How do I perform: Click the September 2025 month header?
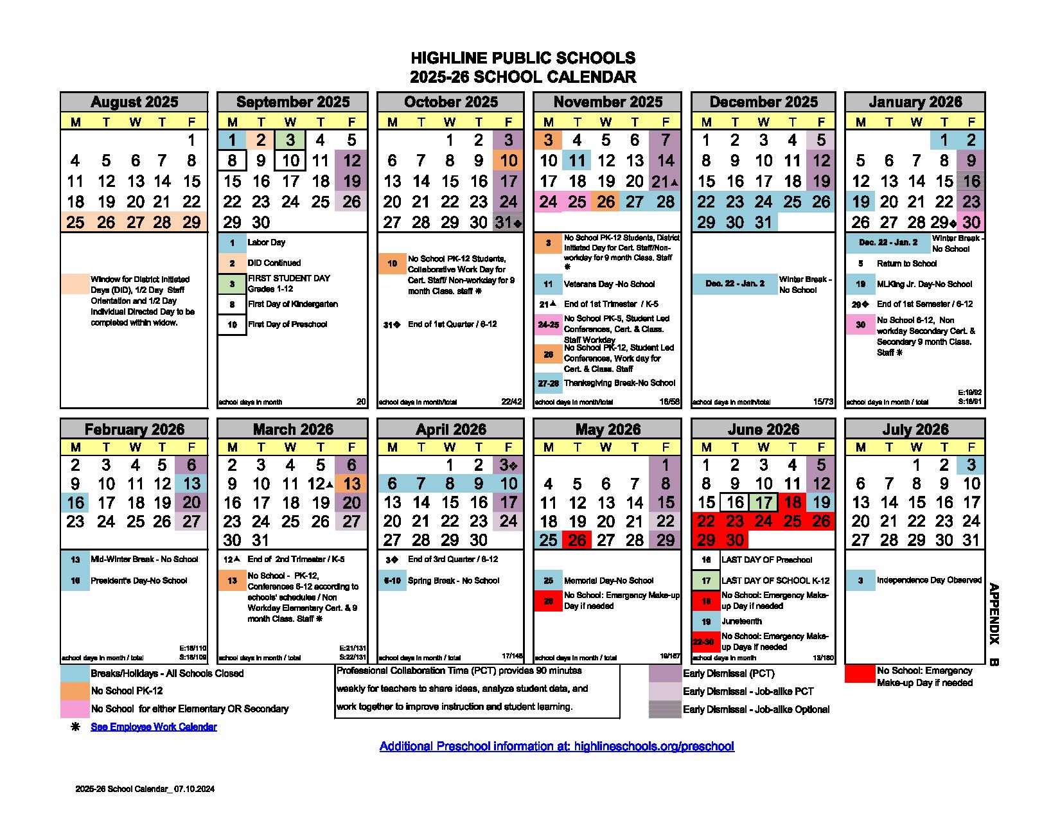pyautogui.click(x=292, y=102)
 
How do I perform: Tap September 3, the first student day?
pyautogui.click(x=290, y=141)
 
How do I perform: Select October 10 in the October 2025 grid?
pyautogui.click(x=508, y=161)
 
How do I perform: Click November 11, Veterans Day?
pyautogui.click(x=577, y=161)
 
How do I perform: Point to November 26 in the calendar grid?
pyautogui.click(x=605, y=202)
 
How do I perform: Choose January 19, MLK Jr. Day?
pyautogui.click(x=860, y=202)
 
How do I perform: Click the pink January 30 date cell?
pyautogui.click(x=971, y=223)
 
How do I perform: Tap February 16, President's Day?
pyautogui.click(x=76, y=503)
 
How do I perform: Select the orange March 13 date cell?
pyautogui.click(x=351, y=484)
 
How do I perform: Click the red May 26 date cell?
pyautogui.click(x=577, y=540)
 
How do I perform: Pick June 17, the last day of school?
pyautogui.click(x=763, y=503)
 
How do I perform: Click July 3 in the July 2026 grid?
pyautogui.click(x=971, y=465)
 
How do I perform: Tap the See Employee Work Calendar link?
pyautogui.click(x=154, y=727)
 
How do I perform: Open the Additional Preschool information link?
pyautogui.click(x=556, y=746)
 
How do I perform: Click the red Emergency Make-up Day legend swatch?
pyautogui.click(x=860, y=673)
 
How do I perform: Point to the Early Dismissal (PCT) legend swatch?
pyautogui.click(x=665, y=673)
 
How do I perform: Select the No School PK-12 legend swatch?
pyautogui.click(x=75, y=691)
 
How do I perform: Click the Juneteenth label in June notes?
pyautogui.click(x=741, y=621)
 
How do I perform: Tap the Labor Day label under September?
pyautogui.click(x=267, y=243)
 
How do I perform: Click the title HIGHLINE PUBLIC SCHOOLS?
pyautogui.click(x=523, y=59)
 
